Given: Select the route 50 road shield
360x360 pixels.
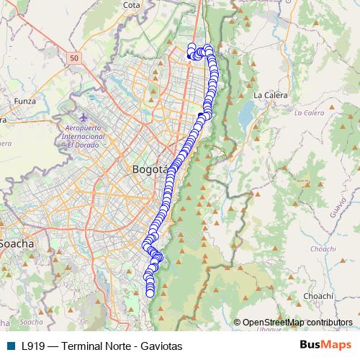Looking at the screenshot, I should pyautogui.click(x=74, y=56).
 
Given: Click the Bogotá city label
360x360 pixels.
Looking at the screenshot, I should pyautogui.click(x=151, y=169).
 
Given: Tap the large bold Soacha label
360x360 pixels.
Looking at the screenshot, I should pyautogui.click(x=17, y=243).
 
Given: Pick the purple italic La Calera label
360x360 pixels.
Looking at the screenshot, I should pyautogui.click(x=309, y=113).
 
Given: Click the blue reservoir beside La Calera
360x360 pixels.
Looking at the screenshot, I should pyautogui.click(x=248, y=112).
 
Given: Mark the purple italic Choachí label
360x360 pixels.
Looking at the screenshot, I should pyautogui.click(x=323, y=248).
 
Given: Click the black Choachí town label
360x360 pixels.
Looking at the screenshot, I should pyautogui.click(x=318, y=295).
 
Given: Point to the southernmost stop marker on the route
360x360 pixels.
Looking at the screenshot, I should pyautogui.click(x=150, y=293).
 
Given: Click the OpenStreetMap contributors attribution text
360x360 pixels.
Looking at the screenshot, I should pyautogui.click(x=297, y=322).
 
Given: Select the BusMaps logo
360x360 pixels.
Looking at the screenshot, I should pyautogui.click(x=326, y=345).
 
